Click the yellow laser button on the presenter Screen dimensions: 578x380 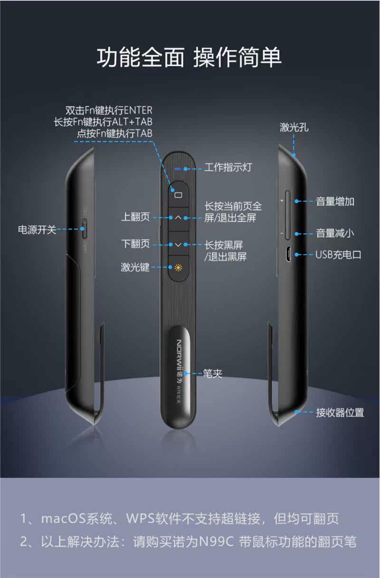click(x=178, y=267)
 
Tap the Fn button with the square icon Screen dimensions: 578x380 click(x=178, y=194)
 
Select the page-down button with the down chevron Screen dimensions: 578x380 click(x=178, y=244)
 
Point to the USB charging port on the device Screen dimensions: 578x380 click(x=288, y=254)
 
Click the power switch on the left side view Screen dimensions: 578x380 click(x=84, y=230)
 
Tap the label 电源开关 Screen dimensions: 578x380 click(x=37, y=230)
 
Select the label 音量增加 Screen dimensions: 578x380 click(x=335, y=201)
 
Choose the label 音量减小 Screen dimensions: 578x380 click(x=335, y=233)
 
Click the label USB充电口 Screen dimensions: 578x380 click(x=339, y=254)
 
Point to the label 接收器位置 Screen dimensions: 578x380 click(x=340, y=412)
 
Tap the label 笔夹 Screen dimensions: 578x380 click(x=212, y=374)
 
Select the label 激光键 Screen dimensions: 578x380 click(x=135, y=267)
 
